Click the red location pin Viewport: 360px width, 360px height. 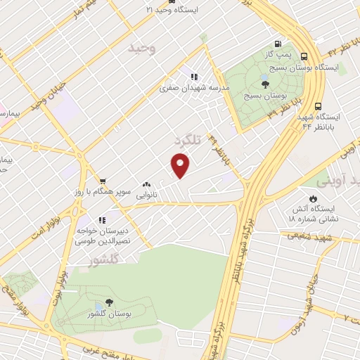(181, 165)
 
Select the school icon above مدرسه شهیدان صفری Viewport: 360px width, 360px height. (193, 77)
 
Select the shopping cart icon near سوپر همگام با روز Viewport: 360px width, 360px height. (103, 181)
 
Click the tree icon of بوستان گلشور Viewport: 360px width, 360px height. (97, 307)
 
